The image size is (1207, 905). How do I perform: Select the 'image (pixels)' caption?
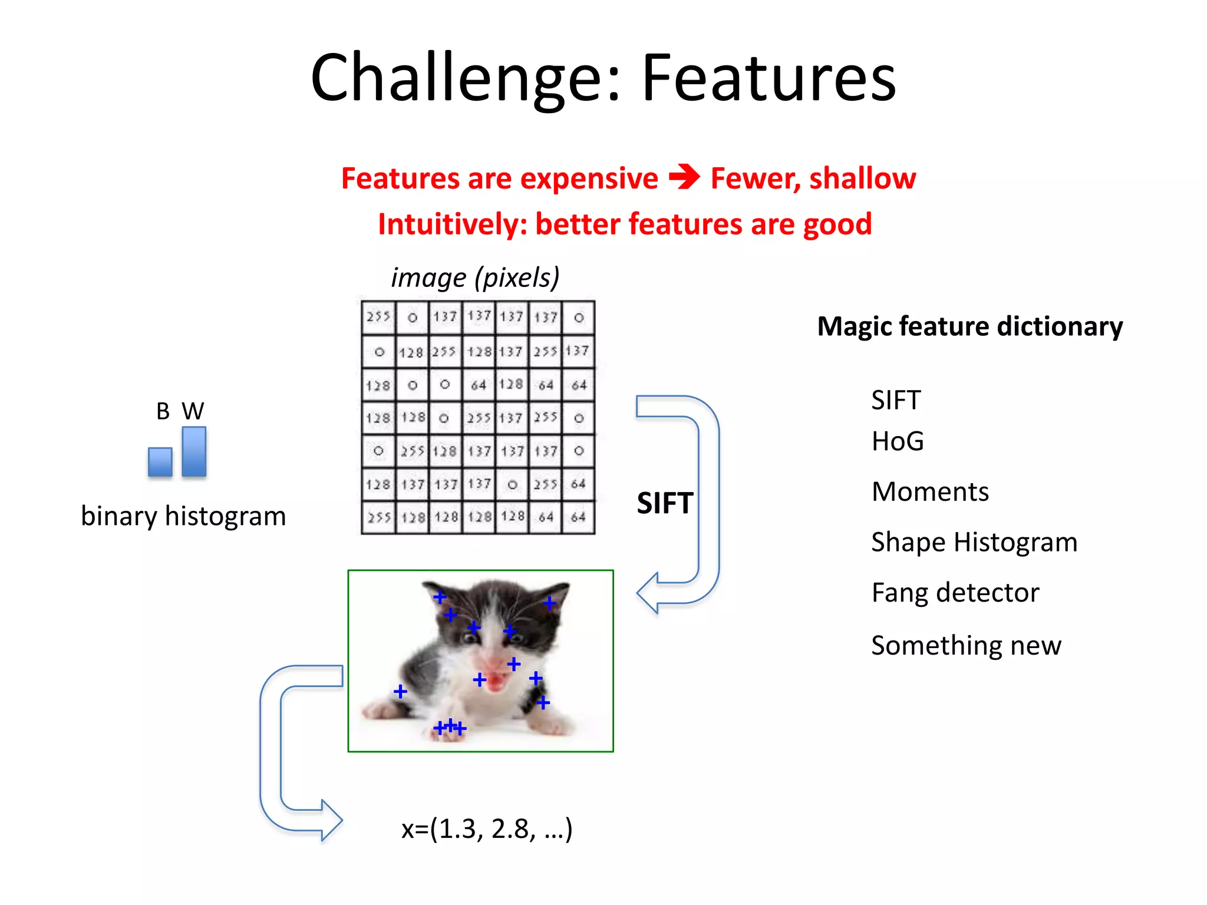(475, 278)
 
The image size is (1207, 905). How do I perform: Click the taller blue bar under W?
(194, 451)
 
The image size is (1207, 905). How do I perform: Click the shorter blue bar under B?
(160, 461)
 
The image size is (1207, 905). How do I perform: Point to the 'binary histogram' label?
(183, 516)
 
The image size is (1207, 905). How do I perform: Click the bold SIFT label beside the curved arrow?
(665, 503)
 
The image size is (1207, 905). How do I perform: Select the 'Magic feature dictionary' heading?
(969, 326)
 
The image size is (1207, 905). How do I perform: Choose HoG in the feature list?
(897, 441)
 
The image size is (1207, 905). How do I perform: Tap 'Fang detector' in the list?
(955, 593)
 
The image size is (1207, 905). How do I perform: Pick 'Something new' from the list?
(966, 646)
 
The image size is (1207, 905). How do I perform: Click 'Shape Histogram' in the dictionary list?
(974, 542)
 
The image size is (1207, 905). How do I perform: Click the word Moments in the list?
(929, 492)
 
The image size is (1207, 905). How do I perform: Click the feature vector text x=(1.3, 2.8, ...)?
(487, 829)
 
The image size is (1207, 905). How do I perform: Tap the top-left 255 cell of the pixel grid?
(378, 317)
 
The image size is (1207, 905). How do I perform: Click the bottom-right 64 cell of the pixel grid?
(578, 517)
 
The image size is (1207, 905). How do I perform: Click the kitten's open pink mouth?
(497, 682)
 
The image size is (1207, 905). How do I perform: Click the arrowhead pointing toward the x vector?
(331, 820)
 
